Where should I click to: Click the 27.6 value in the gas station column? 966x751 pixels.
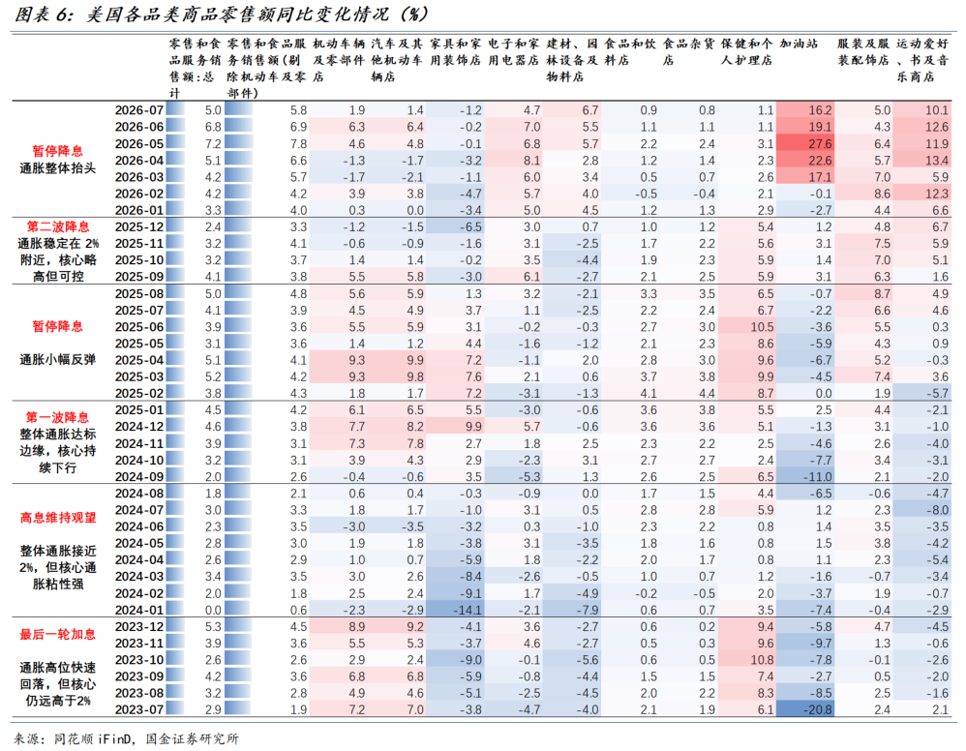(820, 143)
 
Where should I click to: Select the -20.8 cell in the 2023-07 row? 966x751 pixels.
(818, 709)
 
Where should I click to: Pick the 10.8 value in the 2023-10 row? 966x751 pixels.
(762, 660)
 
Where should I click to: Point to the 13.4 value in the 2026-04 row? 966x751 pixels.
(936, 161)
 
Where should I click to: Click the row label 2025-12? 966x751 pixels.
(139, 226)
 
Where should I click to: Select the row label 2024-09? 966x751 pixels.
(139, 477)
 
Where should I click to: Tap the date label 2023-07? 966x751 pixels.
(139, 709)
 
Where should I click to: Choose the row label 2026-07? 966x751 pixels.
(139, 110)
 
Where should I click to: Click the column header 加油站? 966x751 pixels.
(799, 44)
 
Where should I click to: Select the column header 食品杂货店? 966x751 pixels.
(688, 51)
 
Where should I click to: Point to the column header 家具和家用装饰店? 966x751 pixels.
(455, 51)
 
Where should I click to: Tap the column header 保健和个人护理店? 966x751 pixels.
(746, 51)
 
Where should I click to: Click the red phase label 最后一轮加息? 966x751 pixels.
(58, 634)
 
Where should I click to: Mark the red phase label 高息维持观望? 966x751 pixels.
(58, 518)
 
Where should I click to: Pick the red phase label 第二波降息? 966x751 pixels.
(58, 226)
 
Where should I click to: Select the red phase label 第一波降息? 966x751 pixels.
(58, 417)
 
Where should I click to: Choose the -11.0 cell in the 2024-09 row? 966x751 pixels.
(818, 477)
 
